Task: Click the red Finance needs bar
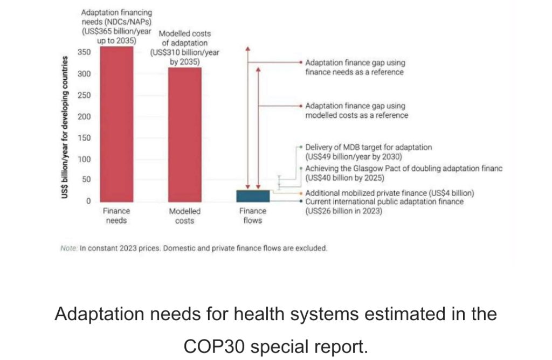pyautogui.click(x=116, y=123)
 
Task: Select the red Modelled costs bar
pyautogui.click(x=185, y=134)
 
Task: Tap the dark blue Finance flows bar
pyautogui.click(x=253, y=196)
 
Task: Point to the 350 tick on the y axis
pyautogui.click(x=85, y=52)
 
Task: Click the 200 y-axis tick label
pyautogui.click(x=85, y=116)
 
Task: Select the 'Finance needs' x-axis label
pyautogui.click(x=116, y=216)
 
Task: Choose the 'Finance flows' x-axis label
pyautogui.click(x=252, y=216)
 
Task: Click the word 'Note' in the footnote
pyautogui.click(x=68, y=248)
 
